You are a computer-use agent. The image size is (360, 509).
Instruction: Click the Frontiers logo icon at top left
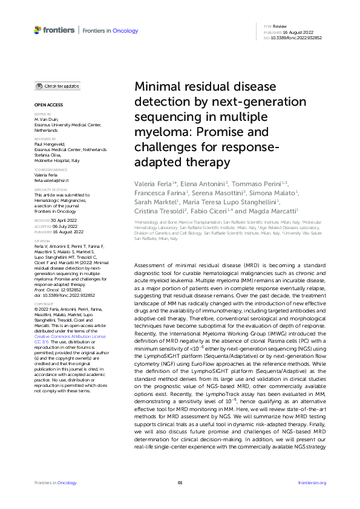38,30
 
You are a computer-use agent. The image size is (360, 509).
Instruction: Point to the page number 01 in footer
180,482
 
